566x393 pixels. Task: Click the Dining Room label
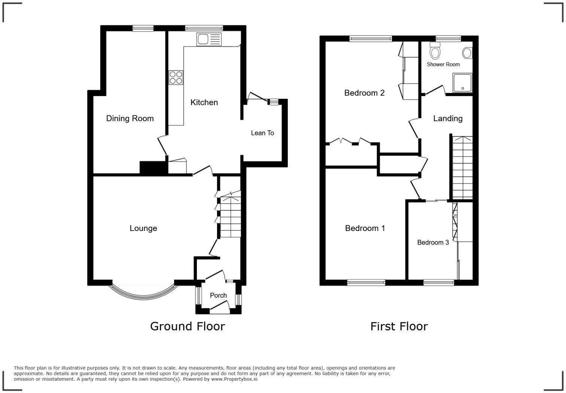pos(130,118)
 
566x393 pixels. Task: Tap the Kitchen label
pos(204,102)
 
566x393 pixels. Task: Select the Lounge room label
pos(143,228)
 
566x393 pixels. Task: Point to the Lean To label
pos(262,133)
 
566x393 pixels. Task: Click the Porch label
pos(218,295)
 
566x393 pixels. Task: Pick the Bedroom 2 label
pos(364,93)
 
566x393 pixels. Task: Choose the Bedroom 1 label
pos(365,228)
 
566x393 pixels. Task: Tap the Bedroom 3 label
pos(433,243)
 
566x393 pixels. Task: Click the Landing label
pos(448,118)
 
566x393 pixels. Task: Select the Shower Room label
pos(443,64)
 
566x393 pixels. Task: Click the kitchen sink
pos(209,39)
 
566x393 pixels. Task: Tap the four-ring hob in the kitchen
pos(176,78)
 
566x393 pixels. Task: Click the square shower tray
pos(463,83)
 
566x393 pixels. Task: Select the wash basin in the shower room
pos(467,53)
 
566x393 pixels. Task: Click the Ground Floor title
pos(187,326)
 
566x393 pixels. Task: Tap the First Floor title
pos(399,326)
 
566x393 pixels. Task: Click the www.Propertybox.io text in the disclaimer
pos(234,379)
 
